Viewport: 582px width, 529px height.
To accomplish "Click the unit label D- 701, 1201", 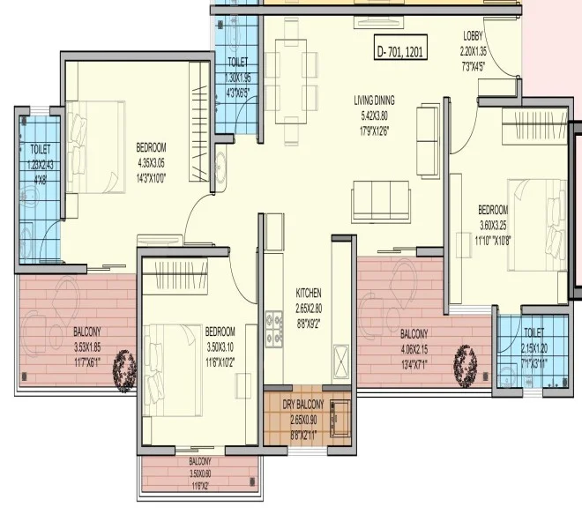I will click(400, 51).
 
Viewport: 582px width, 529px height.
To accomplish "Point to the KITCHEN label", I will click(309, 294).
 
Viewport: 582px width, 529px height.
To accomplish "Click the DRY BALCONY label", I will click(303, 405).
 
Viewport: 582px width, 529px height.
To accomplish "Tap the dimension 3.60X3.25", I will click(493, 224).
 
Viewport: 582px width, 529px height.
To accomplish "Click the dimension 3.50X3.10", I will click(220, 346).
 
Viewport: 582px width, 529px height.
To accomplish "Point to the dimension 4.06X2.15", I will click(414, 348).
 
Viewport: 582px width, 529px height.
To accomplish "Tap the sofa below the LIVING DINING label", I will click(380, 202).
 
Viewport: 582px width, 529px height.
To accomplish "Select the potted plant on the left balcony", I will click(124, 368).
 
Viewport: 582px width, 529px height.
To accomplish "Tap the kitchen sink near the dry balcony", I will click(340, 362).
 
